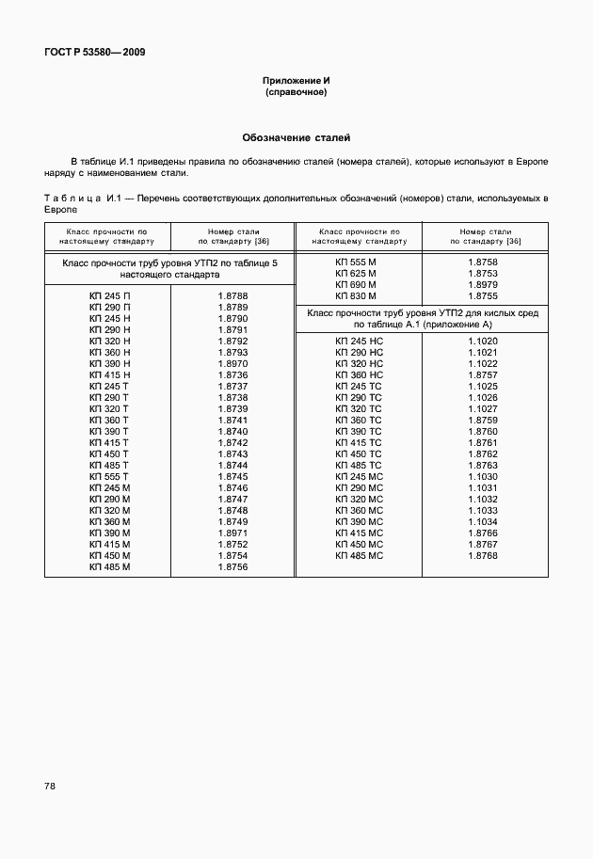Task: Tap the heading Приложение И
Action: coord(296,82)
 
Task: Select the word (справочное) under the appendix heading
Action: coord(296,93)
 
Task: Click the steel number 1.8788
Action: coord(232,296)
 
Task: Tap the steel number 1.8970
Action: coord(232,364)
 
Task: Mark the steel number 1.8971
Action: coord(232,533)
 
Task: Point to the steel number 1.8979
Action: coord(482,284)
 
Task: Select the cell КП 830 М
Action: coord(356,295)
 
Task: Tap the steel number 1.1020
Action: coord(482,342)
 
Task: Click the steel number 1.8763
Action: coord(482,466)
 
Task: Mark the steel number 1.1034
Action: coord(482,522)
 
